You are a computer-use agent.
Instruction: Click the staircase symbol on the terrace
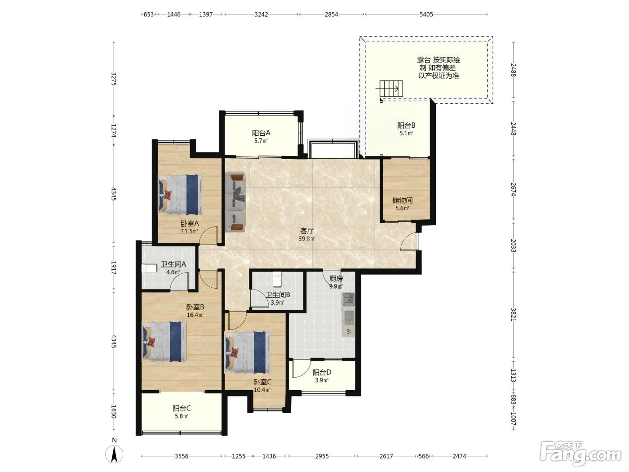pyautogui.click(x=391, y=89)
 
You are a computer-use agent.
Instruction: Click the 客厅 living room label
pyautogui.click(x=307, y=231)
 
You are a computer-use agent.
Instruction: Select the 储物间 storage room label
pyautogui.click(x=402, y=200)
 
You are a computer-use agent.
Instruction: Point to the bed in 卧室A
pyautogui.click(x=181, y=194)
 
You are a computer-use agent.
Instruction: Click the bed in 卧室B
pyautogui.click(x=164, y=341)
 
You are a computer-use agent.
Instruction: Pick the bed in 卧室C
pyautogui.click(x=248, y=352)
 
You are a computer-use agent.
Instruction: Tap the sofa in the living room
pyautogui.click(x=235, y=202)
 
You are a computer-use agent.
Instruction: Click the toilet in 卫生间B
pyautogui.click(x=277, y=280)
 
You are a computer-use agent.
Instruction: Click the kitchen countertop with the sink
pyautogui.click(x=348, y=314)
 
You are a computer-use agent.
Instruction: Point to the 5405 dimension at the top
pyautogui.click(x=426, y=14)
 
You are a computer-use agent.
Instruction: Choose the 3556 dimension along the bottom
pyautogui.click(x=182, y=456)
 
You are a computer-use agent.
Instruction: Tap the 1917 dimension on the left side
pyautogui.click(x=114, y=267)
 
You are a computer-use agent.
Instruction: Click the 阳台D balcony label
pyautogui.click(x=322, y=372)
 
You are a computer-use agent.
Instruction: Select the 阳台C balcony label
pyautogui.click(x=182, y=408)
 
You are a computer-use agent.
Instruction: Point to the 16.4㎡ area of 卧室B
pyautogui.click(x=195, y=315)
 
